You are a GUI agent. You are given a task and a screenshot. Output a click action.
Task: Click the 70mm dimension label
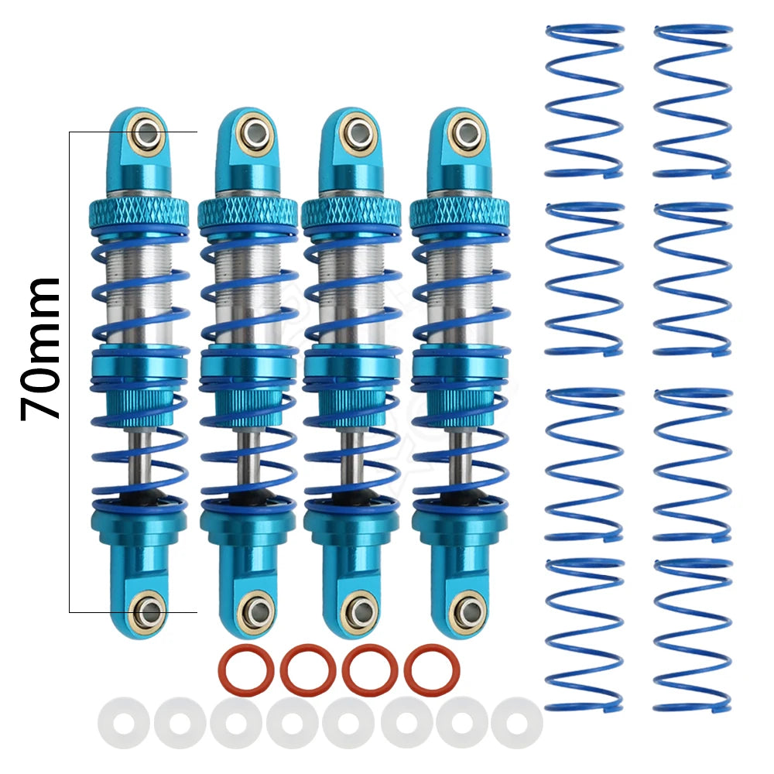(x=40, y=350)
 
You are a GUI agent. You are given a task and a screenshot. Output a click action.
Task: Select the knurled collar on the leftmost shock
(x=139, y=212)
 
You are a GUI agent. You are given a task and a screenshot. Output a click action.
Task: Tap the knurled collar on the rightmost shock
(x=460, y=212)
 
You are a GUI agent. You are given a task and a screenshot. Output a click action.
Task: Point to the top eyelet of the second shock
(x=255, y=132)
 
